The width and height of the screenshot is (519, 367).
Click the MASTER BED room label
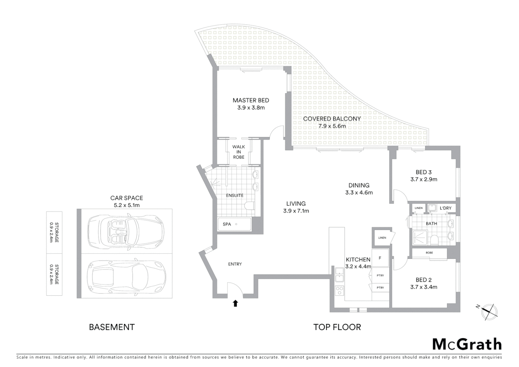251,100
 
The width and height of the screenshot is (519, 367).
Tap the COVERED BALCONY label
332,119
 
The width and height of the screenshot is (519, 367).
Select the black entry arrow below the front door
235,303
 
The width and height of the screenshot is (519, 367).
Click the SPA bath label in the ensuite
227,224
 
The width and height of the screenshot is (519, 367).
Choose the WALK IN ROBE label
238,152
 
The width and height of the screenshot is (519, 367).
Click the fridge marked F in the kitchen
380,258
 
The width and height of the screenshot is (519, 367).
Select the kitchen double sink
339,275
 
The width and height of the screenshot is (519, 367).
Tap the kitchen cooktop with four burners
339,291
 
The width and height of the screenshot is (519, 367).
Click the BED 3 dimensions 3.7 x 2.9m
424,179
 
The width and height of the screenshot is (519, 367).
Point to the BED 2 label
424,280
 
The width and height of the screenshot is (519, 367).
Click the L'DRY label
445,208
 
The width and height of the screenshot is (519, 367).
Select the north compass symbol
488,311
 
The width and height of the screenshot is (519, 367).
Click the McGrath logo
467,344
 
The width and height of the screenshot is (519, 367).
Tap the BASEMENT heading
112,327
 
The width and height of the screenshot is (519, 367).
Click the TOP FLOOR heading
337,327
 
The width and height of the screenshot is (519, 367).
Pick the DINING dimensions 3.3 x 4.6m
359,193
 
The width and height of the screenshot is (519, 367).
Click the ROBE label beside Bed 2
429,253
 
